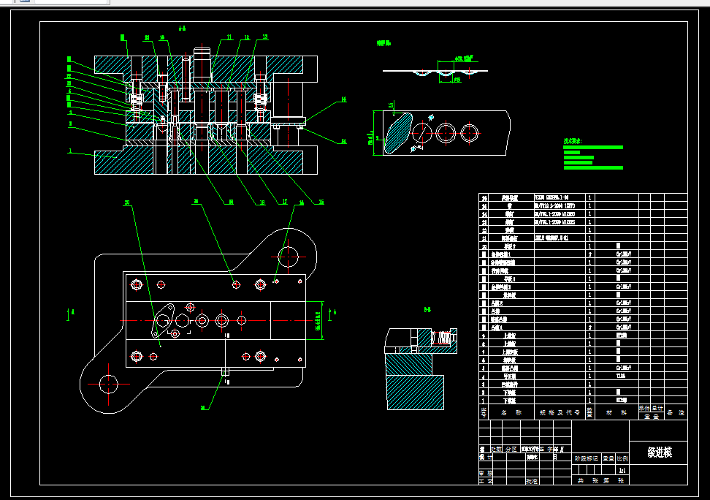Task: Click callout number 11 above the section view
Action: tap(229, 37)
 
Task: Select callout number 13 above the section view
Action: tap(264, 37)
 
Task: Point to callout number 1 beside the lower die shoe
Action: tap(70, 151)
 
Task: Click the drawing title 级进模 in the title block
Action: tap(659, 452)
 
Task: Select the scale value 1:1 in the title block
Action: tap(622, 471)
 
